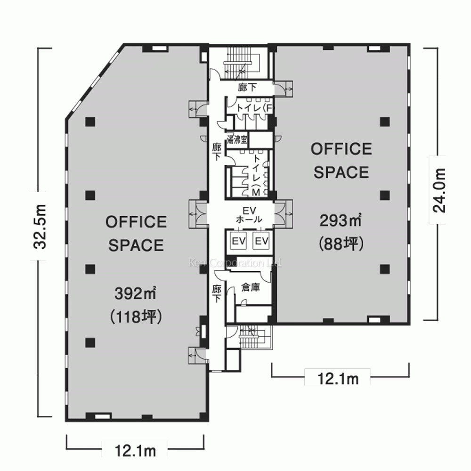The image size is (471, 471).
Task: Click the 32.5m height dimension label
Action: (x=40, y=227)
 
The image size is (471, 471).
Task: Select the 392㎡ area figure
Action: (x=136, y=293)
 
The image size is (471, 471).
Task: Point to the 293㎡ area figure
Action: (x=341, y=221)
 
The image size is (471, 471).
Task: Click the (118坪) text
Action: (x=136, y=317)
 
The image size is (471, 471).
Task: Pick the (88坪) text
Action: (x=341, y=244)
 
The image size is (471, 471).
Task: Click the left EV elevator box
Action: (x=239, y=241)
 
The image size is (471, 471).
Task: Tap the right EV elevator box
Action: (x=261, y=241)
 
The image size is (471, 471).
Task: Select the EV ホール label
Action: (x=249, y=214)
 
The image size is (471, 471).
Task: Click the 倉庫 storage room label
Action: (x=251, y=287)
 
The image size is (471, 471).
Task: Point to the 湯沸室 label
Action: (x=237, y=139)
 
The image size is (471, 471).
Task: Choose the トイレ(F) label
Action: (x=254, y=108)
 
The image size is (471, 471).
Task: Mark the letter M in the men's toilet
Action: (x=256, y=193)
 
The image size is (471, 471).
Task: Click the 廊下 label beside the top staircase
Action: (x=247, y=87)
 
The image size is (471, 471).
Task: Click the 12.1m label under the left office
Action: (x=135, y=451)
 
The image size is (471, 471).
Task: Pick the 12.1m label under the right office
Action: (x=338, y=379)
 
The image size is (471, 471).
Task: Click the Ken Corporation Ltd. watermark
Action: (x=235, y=263)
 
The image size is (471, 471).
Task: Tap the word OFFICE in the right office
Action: (x=341, y=149)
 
